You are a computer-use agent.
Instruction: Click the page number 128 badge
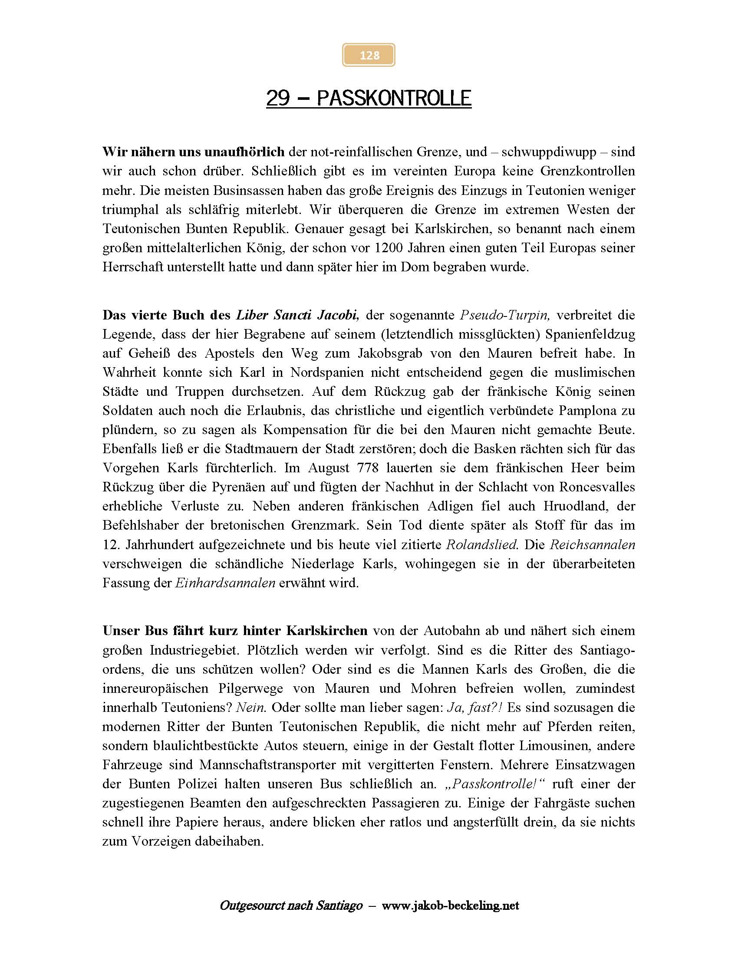pyautogui.click(x=369, y=55)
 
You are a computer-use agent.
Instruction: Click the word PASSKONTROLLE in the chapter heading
pyautogui.click(x=393, y=98)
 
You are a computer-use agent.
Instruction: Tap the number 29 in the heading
pyautogui.click(x=278, y=98)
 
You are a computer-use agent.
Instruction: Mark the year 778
pyautogui.click(x=367, y=468)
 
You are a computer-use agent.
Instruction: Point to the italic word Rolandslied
pyautogui.click(x=482, y=544)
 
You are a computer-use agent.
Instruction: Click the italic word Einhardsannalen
pyautogui.click(x=225, y=583)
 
